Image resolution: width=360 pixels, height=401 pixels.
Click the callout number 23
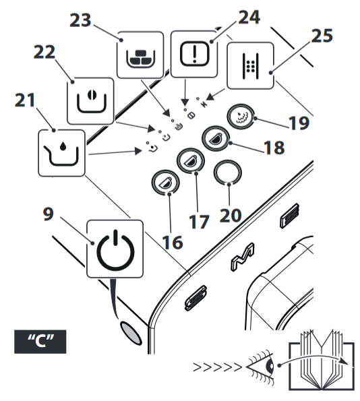tap(80, 20)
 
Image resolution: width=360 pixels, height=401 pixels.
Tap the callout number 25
tap(322, 36)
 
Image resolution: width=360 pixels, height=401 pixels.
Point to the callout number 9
tap(49, 214)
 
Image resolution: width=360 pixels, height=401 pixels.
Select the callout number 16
tap(173, 242)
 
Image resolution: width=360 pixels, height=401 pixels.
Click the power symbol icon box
tap(115, 249)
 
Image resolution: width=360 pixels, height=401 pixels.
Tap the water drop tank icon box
tap(61, 153)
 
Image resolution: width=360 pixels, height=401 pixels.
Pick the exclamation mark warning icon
tap(194, 54)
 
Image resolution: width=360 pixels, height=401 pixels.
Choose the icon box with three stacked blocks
tap(140, 55)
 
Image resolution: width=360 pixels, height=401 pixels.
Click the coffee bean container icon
tap(90, 101)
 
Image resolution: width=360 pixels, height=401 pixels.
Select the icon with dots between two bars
tap(251, 66)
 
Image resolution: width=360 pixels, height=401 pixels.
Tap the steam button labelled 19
tap(241, 117)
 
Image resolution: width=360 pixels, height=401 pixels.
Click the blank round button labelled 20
tap(227, 173)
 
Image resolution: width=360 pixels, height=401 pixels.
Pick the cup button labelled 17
tap(190, 160)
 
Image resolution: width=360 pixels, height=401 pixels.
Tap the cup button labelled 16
tap(165, 182)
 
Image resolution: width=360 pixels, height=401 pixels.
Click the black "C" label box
tap(40, 342)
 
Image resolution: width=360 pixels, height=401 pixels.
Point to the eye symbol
tap(260, 367)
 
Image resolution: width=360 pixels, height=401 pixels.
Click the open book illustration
tap(322, 360)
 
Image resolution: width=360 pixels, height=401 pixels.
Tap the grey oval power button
tap(131, 332)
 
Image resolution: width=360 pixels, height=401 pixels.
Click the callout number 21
tap(25, 100)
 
